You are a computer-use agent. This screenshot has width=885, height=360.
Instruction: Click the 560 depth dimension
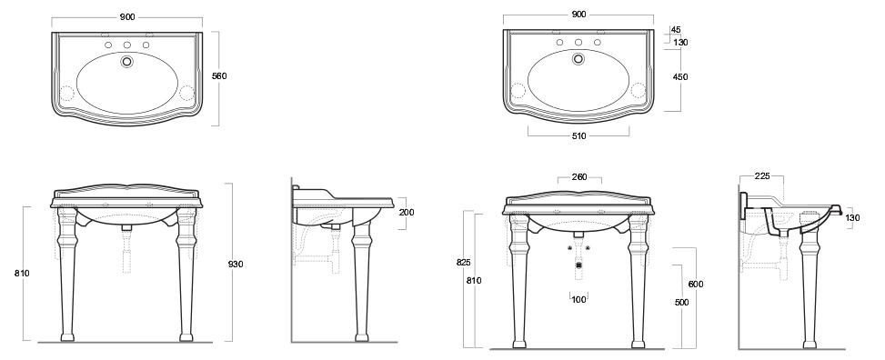(x=219, y=76)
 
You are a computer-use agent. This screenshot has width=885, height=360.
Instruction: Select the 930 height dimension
(x=236, y=264)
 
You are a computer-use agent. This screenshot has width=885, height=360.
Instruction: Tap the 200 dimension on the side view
(x=407, y=213)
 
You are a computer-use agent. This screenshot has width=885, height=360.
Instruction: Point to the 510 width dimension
(x=578, y=136)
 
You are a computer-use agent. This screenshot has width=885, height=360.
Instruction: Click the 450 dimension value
(x=680, y=77)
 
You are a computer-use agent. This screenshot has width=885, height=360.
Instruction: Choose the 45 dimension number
(x=676, y=30)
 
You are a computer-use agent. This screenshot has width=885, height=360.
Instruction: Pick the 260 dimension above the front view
(x=579, y=177)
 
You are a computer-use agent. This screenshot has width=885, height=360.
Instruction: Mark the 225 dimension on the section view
(x=762, y=176)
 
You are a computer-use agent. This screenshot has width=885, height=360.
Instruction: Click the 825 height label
(x=463, y=263)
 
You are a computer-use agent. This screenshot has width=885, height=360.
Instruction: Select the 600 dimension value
(x=696, y=285)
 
